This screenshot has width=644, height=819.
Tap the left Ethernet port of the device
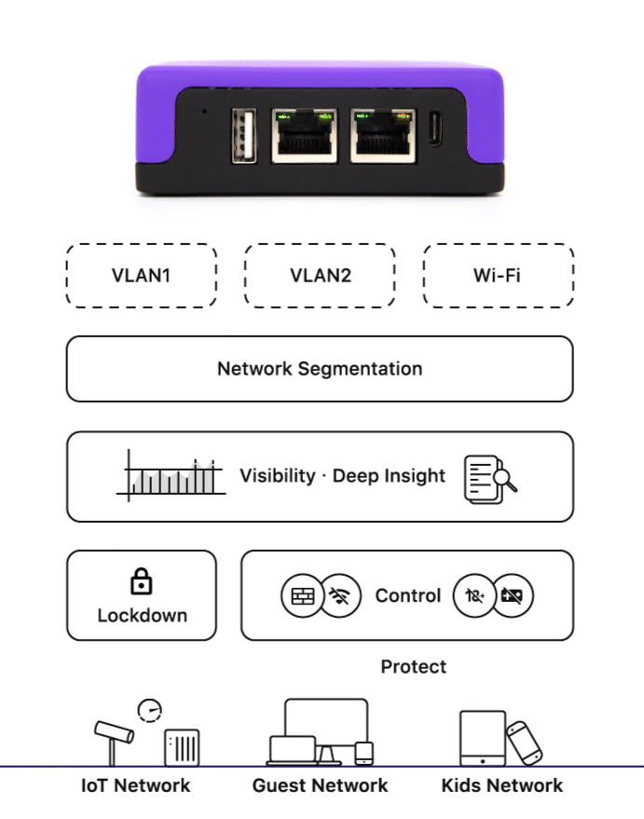pyautogui.click(x=304, y=136)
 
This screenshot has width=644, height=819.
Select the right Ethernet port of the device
pyautogui.click(x=383, y=136)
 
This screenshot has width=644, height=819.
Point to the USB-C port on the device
pyautogui.click(x=435, y=130)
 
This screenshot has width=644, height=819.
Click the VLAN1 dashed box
pyautogui.click(x=141, y=276)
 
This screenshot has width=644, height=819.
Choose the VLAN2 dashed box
pyautogui.click(x=320, y=276)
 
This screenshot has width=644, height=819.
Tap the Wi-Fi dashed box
pyautogui.click(x=498, y=276)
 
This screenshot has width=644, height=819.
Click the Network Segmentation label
pyautogui.click(x=320, y=369)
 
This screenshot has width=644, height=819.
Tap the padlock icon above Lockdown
pyautogui.click(x=141, y=583)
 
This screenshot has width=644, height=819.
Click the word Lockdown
pyautogui.click(x=142, y=616)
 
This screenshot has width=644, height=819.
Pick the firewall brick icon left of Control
pyautogui.click(x=302, y=596)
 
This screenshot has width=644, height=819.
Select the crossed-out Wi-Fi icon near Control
pyautogui.click(x=341, y=596)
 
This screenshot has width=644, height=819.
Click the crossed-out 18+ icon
pyautogui.click(x=473, y=596)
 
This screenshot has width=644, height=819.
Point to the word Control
pyautogui.click(x=407, y=596)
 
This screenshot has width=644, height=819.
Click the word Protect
pyautogui.click(x=413, y=667)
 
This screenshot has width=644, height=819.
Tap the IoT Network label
pyautogui.click(x=135, y=785)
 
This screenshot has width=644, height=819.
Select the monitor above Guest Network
pyautogui.click(x=326, y=724)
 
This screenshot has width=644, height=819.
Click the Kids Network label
pyautogui.click(x=501, y=785)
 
